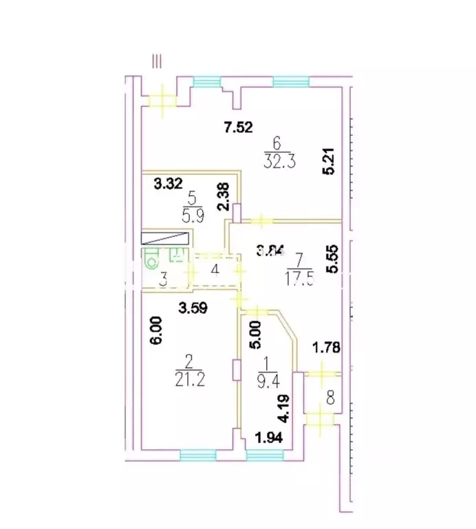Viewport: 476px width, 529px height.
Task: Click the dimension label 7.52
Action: [x=239, y=127]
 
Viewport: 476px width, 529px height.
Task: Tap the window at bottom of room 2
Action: [x=197, y=455]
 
